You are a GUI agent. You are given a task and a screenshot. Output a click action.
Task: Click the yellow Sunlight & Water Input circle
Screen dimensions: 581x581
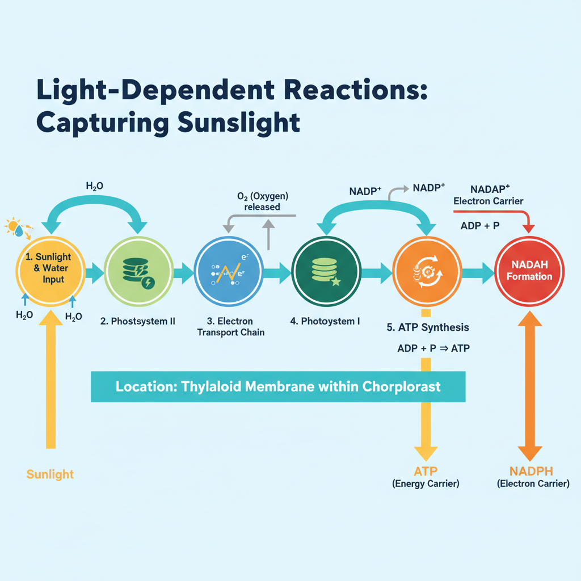(52, 273)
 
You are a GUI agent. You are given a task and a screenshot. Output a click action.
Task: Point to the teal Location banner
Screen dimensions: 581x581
(278, 387)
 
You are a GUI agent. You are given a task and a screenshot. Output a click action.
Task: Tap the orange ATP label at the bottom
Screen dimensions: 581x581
(426, 470)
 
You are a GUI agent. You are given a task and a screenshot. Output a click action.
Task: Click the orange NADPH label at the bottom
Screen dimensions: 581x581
(531, 470)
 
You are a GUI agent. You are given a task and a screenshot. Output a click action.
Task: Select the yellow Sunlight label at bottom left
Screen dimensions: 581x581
(50, 474)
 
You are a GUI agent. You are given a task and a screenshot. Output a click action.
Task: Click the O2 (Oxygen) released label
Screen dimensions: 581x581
(262, 201)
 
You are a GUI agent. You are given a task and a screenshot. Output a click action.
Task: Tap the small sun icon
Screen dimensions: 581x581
(12, 226)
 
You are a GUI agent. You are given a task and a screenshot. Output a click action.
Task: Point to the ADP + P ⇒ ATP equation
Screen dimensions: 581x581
(433, 348)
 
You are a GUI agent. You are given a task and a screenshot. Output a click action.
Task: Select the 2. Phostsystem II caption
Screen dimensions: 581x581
(138, 321)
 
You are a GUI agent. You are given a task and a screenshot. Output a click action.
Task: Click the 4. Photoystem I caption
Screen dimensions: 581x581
(325, 321)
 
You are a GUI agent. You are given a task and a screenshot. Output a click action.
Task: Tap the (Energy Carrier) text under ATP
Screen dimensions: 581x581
(426, 484)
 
